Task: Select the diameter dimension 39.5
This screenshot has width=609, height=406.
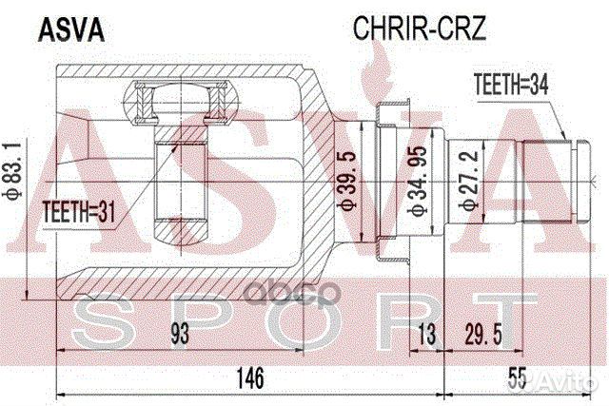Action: (x=347, y=182)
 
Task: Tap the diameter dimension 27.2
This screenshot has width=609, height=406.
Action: (x=467, y=181)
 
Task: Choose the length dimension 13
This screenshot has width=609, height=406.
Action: (x=430, y=334)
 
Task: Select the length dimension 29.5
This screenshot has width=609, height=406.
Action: (x=482, y=334)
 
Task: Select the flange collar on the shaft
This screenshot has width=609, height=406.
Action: (x=391, y=182)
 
